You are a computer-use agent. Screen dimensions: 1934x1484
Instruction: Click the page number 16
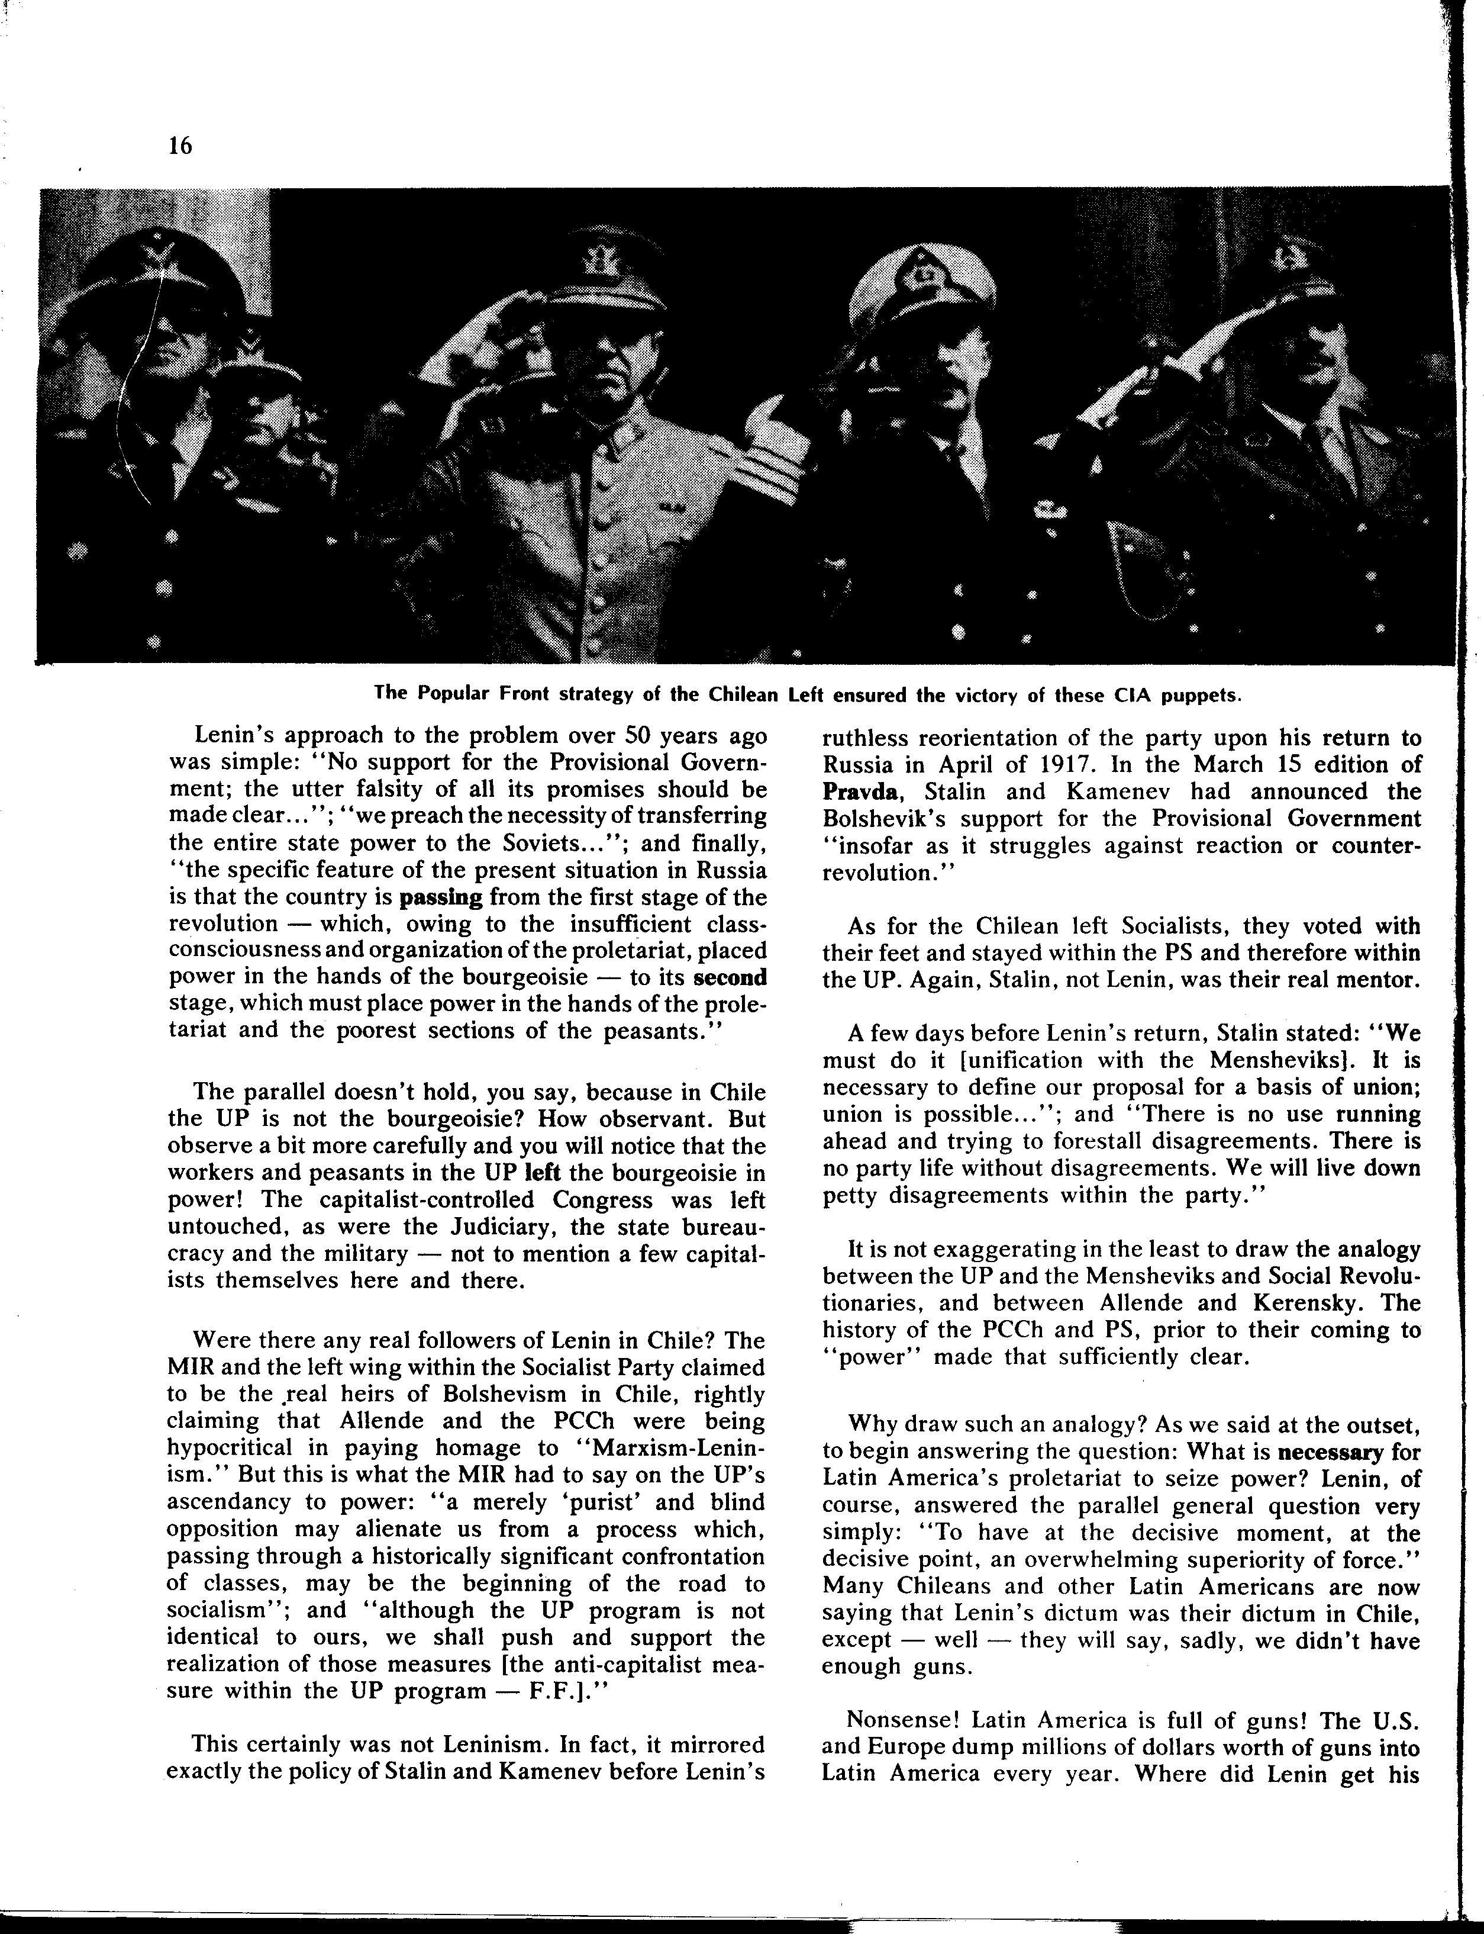(x=179, y=146)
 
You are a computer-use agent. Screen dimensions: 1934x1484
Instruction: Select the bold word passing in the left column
(x=441, y=897)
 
